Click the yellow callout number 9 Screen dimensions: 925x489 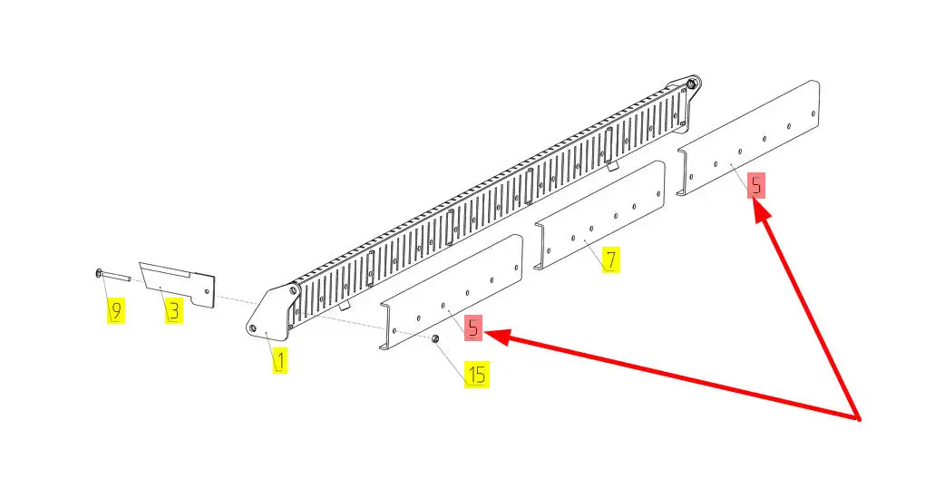[x=116, y=311]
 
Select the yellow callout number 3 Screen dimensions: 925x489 [x=173, y=310]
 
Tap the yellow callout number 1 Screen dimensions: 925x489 [x=280, y=360]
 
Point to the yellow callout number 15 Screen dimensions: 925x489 [x=477, y=374]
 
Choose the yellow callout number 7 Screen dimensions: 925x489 [x=611, y=260]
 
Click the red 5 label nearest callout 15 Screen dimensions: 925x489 [x=473, y=328]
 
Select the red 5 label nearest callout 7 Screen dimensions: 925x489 [x=755, y=186]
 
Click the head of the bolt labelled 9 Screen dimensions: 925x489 [x=98, y=272]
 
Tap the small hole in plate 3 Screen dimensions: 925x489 [x=206, y=291]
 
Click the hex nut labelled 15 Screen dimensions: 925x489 [x=434, y=338]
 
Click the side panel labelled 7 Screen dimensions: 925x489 [x=599, y=215]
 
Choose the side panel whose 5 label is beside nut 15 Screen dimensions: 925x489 [x=452, y=292]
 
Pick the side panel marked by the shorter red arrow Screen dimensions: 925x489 [x=748, y=138]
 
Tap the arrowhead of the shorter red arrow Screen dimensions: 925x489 [x=761, y=210]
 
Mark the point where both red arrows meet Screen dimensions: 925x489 [x=858, y=419]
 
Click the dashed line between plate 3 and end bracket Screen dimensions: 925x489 [x=236, y=301]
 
